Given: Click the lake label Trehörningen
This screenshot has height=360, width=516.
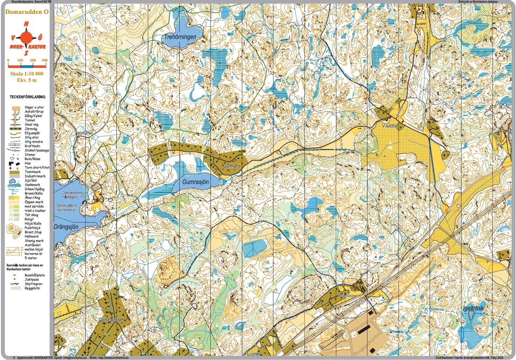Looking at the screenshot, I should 180,37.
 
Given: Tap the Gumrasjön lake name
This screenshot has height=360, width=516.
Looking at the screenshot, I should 195,182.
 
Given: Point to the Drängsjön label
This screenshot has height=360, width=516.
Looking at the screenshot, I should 66,227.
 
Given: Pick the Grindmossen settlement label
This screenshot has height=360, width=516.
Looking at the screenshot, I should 112,320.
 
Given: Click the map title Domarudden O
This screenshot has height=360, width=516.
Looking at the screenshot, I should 27,12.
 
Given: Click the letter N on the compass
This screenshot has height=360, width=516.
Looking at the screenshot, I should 26,24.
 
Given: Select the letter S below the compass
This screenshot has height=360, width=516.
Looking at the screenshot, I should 26,53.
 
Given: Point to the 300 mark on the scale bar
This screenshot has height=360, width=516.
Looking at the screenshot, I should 44,61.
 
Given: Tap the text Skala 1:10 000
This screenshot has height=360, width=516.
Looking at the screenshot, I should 27,74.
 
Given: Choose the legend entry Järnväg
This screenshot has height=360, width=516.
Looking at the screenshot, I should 31,129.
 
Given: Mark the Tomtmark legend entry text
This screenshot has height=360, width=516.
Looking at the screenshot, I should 33,172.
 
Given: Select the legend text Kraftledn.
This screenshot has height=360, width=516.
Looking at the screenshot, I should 33,146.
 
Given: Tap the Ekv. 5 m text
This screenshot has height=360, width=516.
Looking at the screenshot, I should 27,80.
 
